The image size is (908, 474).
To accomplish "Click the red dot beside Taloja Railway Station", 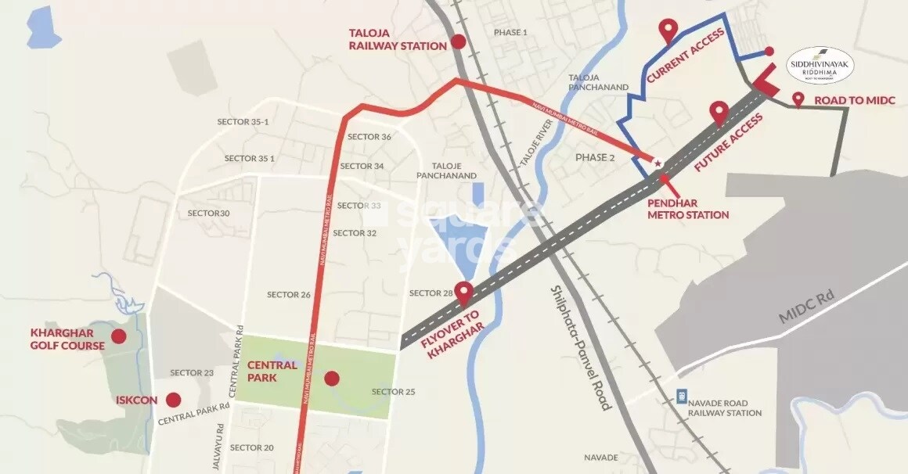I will [459, 42].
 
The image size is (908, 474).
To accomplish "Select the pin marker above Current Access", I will [668, 31].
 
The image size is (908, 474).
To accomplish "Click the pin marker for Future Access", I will [719, 113].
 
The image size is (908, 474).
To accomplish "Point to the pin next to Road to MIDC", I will [798, 99].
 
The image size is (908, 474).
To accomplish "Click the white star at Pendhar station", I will [658, 163].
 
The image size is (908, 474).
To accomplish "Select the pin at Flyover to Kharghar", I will [464, 293].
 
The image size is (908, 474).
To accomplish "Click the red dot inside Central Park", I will [332, 379].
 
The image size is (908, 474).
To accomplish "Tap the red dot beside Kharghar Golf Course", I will [119, 336].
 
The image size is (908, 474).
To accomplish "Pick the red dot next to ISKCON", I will [174, 399].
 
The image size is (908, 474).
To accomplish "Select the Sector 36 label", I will [369, 137].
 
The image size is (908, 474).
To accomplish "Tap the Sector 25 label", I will [393, 392].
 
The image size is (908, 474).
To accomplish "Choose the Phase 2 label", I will [596, 157].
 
